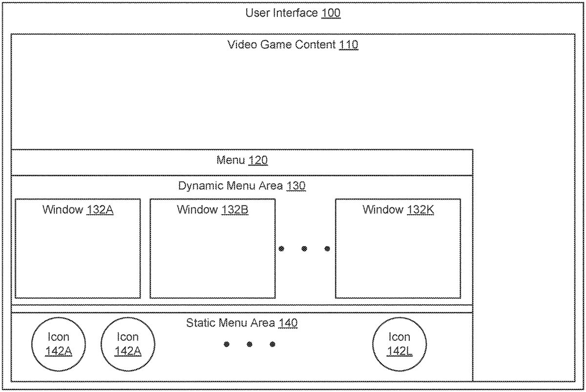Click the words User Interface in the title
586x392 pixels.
[281, 13]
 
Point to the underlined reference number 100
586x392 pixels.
[331, 13]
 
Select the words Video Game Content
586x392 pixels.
[281, 44]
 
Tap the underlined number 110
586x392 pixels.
[349, 45]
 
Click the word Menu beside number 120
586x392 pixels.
[230, 160]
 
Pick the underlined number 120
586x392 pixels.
[258, 160]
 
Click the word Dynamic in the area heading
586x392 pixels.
[201, 186]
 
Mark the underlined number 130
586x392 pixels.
[296, 186]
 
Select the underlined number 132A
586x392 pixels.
[100, 210]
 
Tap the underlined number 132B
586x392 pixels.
[235, 210]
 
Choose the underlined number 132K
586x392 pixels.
[420, 210]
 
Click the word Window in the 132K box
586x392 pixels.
[383, 209]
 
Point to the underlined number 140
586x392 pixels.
[288, 323]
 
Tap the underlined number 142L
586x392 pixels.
[399, 351]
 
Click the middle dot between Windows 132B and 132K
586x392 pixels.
[304, 248]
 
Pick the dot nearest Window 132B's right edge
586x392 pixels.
[281, 248]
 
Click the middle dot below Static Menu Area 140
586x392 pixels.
[250, 344]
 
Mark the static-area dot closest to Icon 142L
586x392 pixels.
[272, 344]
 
